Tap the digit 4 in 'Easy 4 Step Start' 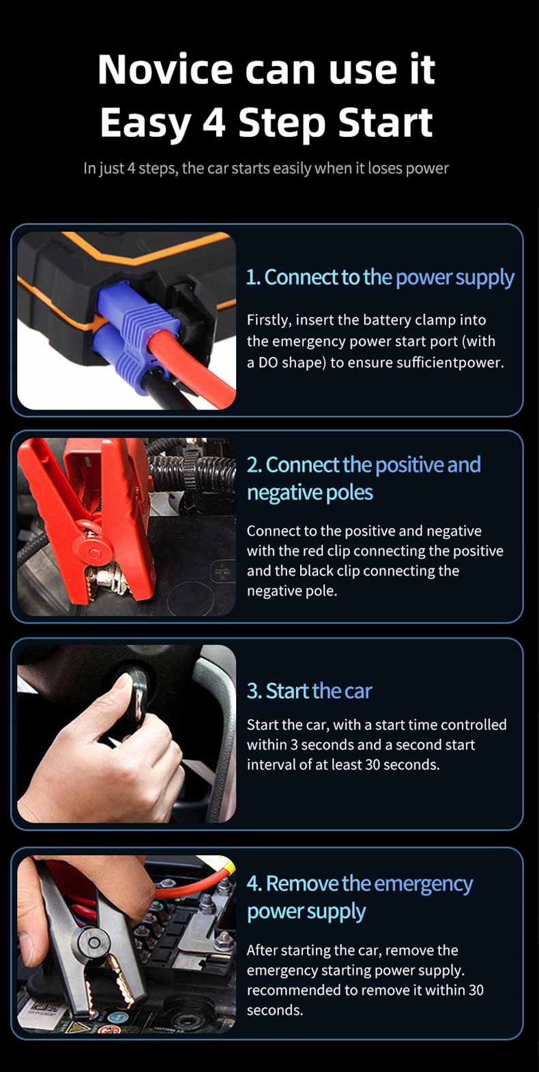click(x=214, y=123)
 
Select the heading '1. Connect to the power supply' click(x=380, y=278)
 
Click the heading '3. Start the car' click(x=310, y=691)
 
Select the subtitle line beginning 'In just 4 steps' click(x=266, y=168)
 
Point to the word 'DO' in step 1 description click(x=268, y=363)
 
